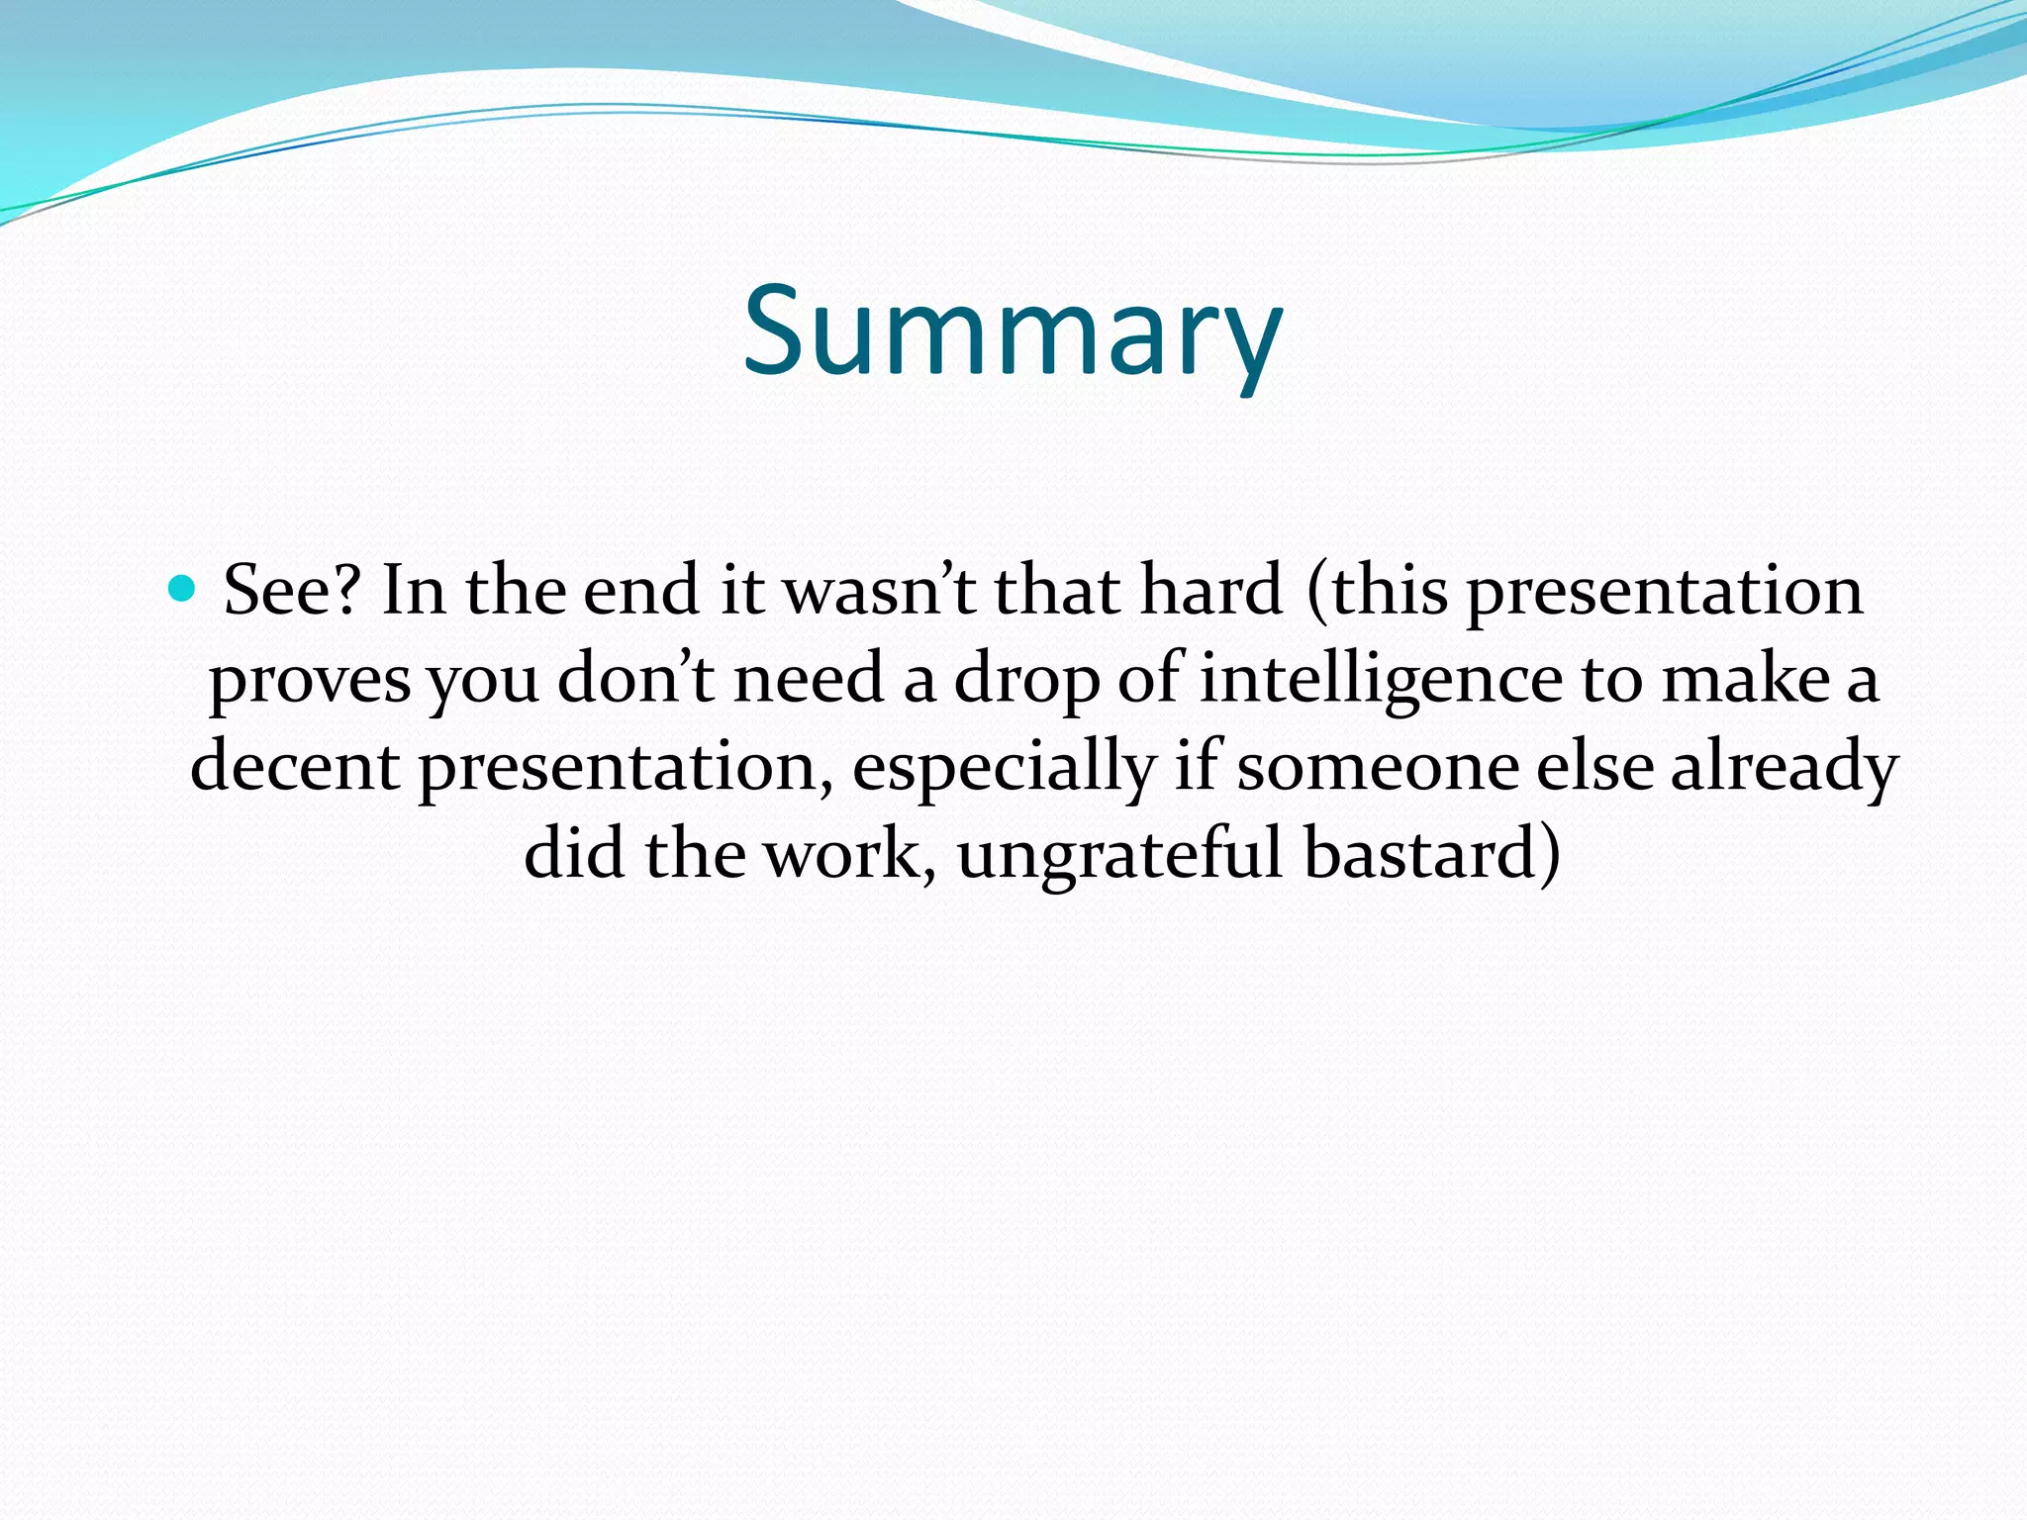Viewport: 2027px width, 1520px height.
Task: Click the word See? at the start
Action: click(290, 591)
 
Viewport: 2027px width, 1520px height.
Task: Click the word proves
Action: click(310, 682)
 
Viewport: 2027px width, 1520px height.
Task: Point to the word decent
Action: click(295, 767)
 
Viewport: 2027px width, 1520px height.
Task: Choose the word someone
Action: click(1378, 767)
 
